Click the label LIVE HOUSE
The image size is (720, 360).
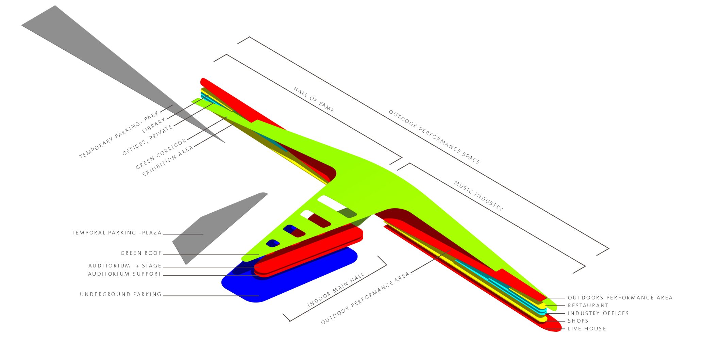pyautogui.click(x=587, y=329)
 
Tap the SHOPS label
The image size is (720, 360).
pyautogui.click(x=578, y=321)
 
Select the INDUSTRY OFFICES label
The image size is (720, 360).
pyautogui.click(x=598, y=313)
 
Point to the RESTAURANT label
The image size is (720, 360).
pyautogui.click(x=588, y=306)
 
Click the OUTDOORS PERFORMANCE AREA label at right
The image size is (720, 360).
pyautogui.click(x=620, y=298)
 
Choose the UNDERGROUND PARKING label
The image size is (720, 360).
pyautogui.click(x=120, y=294)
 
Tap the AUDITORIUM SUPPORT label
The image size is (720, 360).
pyautogui.click(x=124, y=274)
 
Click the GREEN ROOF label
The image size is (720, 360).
pyautogui.click(x=141, y=253)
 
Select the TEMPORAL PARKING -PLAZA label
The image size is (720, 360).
pyautogui.click(x=116, y=233)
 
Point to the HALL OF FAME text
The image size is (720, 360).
pyautogui.click(x=314, y=100)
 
